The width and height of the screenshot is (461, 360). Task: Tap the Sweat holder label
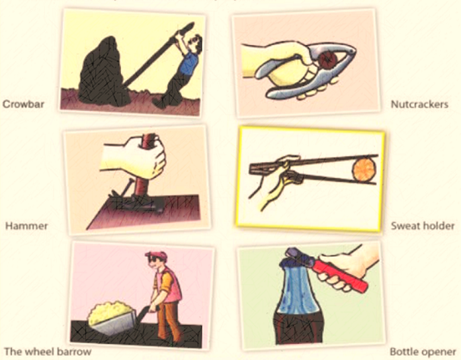(423, 226)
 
